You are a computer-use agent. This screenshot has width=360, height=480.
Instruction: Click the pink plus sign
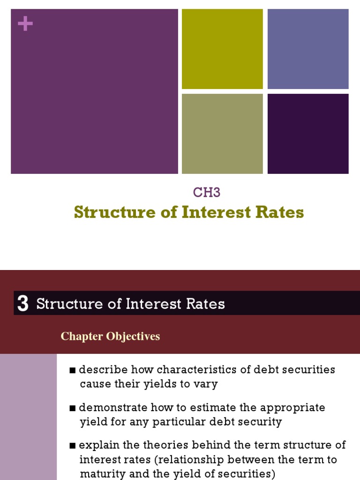point(25,23)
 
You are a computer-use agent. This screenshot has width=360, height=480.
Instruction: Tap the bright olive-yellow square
point(222,49)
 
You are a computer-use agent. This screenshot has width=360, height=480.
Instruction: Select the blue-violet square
point(308,49)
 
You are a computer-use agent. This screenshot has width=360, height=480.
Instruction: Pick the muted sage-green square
point(222,134)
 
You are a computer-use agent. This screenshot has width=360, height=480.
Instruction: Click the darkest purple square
point(308,134)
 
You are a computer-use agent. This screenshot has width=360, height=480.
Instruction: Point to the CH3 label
point(207,192)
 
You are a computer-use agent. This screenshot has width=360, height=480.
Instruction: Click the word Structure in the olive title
point(115,212)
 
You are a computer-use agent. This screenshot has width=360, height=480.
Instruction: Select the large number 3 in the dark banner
point(23,303)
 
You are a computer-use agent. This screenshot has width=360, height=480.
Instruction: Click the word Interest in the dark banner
point(153,304)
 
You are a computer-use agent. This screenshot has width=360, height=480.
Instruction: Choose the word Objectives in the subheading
point(133,337)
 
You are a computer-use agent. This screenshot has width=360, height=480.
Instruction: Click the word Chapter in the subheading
point(82,337)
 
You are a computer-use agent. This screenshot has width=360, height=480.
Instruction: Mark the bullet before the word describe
point(73,370)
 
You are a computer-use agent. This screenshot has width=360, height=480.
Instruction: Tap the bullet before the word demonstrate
point(73,408)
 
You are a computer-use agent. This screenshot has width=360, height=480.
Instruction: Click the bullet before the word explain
point(73,446)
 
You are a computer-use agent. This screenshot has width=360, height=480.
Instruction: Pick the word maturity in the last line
point(103,474)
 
